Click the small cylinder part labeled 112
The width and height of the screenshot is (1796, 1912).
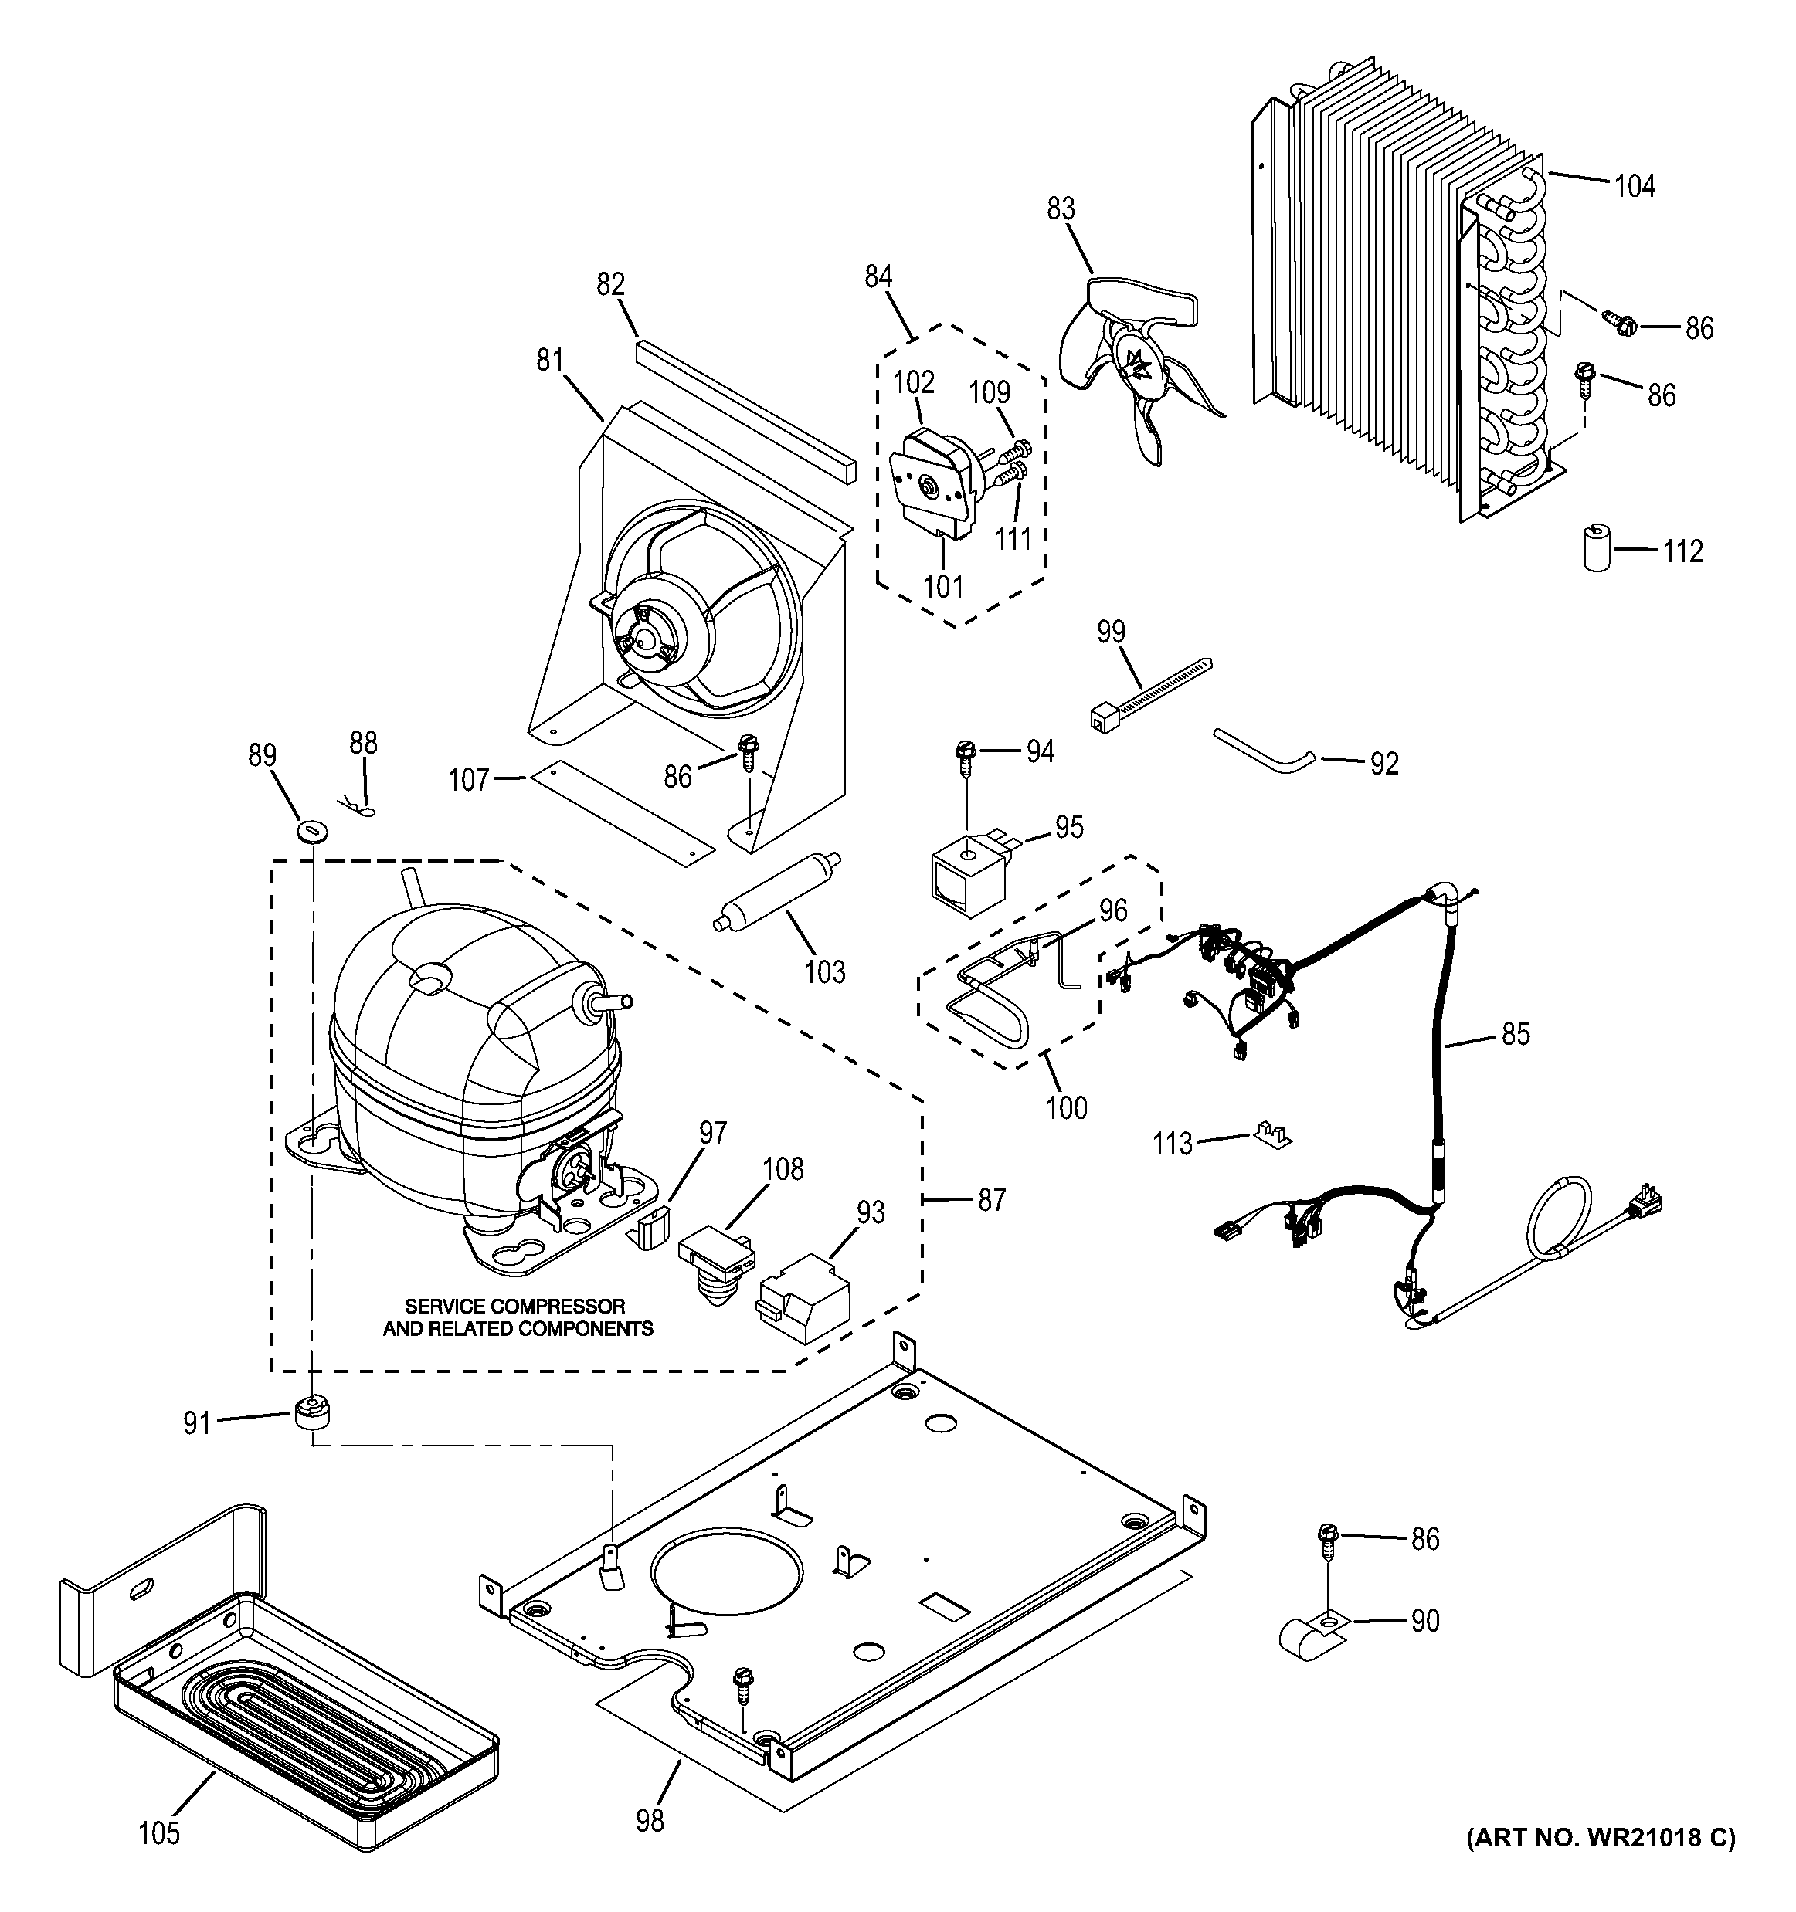click(x=1597, y=548)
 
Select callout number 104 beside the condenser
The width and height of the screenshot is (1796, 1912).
click(x=1635, y=185)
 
